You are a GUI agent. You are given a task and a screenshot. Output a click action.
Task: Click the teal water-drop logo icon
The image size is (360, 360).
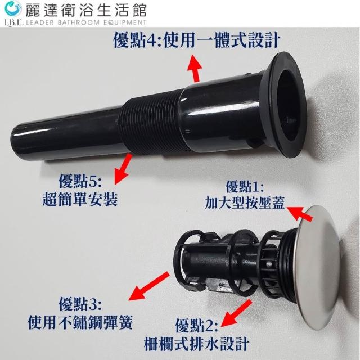(x=13, y=9)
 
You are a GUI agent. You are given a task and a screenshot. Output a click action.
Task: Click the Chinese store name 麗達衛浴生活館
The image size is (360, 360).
(x=86, y=10)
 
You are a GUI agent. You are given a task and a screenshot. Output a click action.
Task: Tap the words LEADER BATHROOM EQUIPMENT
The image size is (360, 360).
(x=86, y=22)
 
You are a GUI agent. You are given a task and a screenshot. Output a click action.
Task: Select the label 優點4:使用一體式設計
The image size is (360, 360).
(x=196, y=40)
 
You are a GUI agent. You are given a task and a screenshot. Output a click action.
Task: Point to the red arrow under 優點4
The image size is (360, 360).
(x=195, y=69)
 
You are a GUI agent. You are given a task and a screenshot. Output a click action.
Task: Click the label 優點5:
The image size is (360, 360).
(x=80, y=181)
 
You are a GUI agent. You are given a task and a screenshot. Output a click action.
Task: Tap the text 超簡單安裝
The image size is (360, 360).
(x=80, y=199)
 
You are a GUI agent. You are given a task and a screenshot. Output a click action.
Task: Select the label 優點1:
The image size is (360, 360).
(x=245, y=187)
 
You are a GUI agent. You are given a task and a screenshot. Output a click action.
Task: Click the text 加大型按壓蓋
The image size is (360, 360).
(x=245, y=202)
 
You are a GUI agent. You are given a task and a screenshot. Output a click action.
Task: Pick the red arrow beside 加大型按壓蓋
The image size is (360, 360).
(x=299, y=213)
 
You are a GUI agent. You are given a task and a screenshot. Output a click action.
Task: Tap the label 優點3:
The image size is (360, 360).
(x=80, y=304)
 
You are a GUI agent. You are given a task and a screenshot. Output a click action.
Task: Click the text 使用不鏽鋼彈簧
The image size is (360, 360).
(x=80, y=322)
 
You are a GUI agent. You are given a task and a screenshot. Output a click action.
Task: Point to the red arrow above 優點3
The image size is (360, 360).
(x=148, y=286)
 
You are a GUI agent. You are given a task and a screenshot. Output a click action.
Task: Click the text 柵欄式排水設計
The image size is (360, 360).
(x=196, y=344)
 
